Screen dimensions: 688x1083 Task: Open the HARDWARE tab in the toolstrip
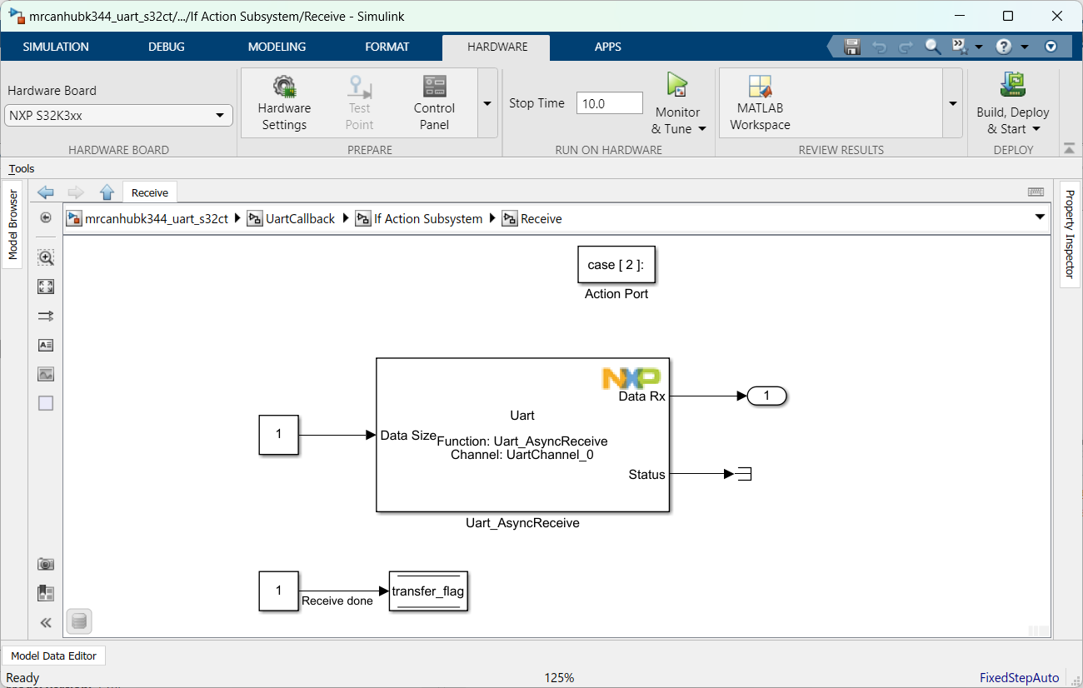point(497,47)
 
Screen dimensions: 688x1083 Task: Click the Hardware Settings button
point(284,103)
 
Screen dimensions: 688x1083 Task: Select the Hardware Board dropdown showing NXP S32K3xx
point(118,116)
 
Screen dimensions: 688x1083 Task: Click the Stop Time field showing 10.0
point(609,103)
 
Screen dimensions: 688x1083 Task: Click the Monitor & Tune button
point(677,103)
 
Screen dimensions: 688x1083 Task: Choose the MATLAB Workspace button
point(760,103)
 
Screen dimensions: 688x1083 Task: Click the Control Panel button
point(434,103)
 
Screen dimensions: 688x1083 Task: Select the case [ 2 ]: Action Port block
point(616,265)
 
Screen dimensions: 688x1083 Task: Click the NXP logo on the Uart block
point(631,379)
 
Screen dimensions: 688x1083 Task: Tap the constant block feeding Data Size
point(278,435)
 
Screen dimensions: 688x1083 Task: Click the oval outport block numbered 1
point(766,396)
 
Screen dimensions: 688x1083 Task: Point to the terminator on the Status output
point(743,475)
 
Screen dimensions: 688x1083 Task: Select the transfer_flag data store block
point(428,592)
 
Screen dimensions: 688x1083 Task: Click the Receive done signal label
point(337,601)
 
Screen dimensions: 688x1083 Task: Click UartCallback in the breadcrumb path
point(300,219)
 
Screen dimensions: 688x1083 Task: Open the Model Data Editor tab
point(54,656)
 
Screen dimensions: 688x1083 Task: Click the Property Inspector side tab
point(1071,234)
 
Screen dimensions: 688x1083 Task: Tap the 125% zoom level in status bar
point(559,678)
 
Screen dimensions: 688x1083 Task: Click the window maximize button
point(1008,16)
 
